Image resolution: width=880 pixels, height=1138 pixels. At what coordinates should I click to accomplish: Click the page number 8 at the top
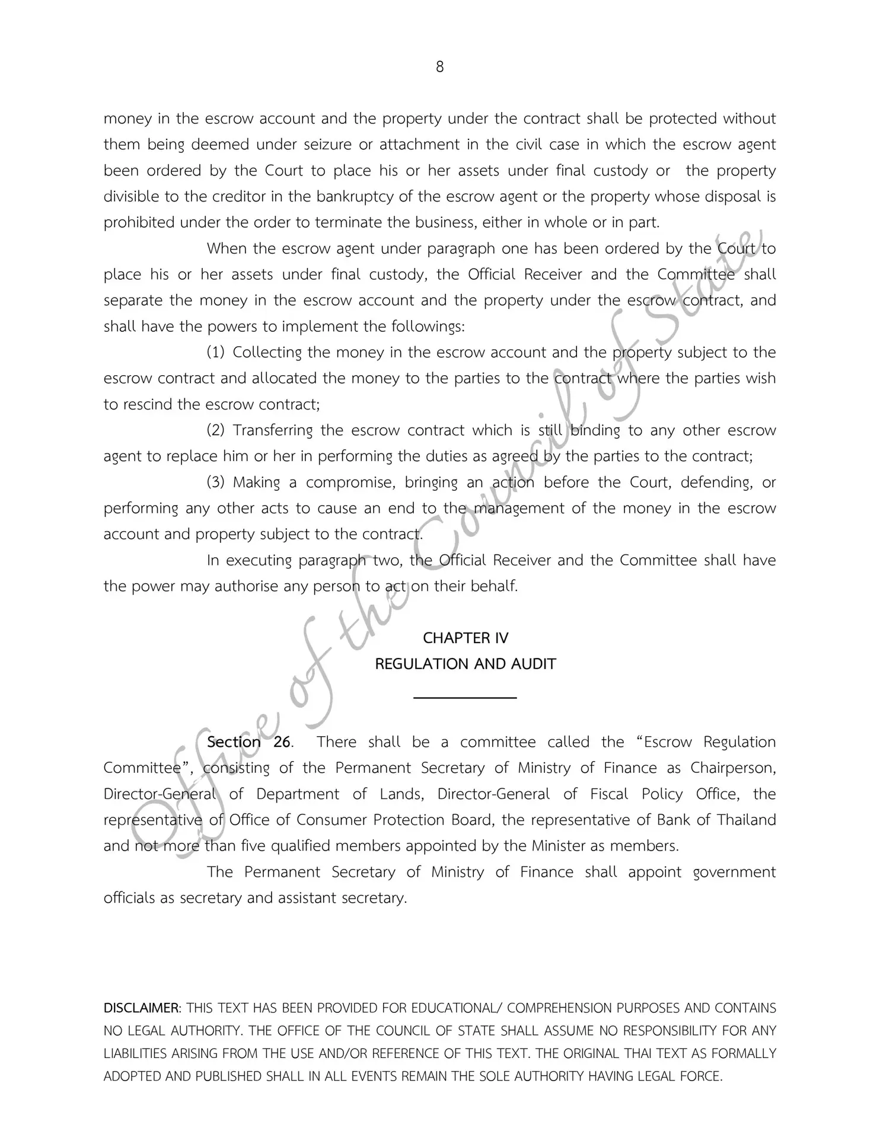(439, 67)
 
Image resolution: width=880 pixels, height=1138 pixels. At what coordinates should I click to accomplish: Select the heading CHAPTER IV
(465, 638)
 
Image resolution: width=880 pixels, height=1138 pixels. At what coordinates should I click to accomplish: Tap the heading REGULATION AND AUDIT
(465, 664)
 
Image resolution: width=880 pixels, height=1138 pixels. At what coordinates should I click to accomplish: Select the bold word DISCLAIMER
(142, 1008)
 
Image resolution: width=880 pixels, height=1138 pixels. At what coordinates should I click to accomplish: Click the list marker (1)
(215, 353)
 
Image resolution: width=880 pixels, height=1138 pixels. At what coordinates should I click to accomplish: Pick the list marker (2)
(215, 430)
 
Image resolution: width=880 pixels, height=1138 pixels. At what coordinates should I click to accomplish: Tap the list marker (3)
(215, 482)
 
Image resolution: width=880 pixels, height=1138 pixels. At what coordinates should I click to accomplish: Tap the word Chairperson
(733, 769)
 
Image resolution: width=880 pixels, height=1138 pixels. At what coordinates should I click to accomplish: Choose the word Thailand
(747, 820)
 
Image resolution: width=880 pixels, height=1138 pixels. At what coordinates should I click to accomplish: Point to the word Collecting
(267, 353)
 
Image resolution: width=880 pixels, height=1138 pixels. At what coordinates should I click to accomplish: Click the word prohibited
(139, 223)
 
